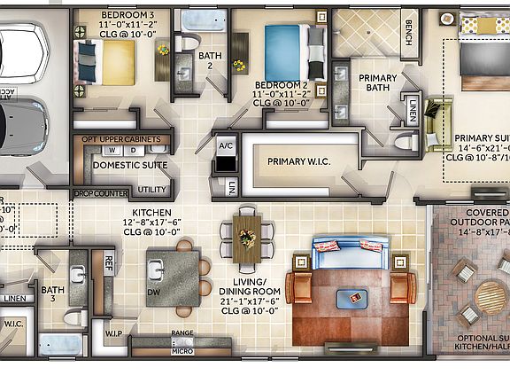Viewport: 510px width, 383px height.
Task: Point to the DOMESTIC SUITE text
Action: pyautogui.click(x=130, y=165)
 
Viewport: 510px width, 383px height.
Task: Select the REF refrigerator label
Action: pyautogui.click(x=109, y=262)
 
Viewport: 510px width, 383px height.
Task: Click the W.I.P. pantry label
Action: pyautogui.click(x=114, y=333)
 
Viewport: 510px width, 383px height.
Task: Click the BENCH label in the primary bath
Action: pyautogui.click(x=409, y=33)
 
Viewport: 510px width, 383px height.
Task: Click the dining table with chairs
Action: pyautogui.click(x=246, y=237)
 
